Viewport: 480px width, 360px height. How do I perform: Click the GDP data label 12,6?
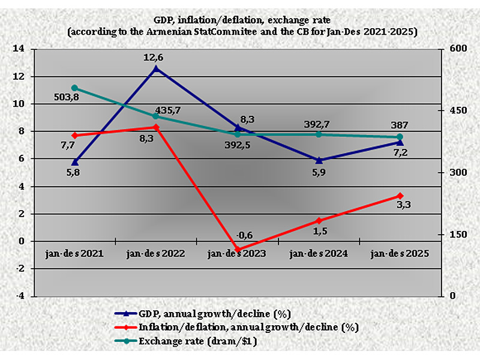(x=156, y=58)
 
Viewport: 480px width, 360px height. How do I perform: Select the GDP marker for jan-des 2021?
(x=75, y=162)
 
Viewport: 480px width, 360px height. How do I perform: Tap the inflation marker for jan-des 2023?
(x=238, y=249)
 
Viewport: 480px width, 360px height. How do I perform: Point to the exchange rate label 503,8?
(x=68, y=97)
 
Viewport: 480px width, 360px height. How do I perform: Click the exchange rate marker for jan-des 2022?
(x=156, y=116)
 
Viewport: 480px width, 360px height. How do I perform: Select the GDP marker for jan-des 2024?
(x=319, y=160)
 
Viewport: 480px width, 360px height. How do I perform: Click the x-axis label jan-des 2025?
(x=400, y=254)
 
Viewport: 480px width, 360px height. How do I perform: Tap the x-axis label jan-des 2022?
(x=155, y=254)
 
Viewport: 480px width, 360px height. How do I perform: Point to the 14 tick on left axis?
(x=23, y=49)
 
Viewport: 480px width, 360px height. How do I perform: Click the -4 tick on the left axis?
(x=22, y=296)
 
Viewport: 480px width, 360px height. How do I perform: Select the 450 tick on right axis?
(x=452, y=111)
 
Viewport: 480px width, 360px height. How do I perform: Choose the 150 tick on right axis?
(x=452, y=234)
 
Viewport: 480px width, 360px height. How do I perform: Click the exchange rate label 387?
(x=400, y=125)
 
